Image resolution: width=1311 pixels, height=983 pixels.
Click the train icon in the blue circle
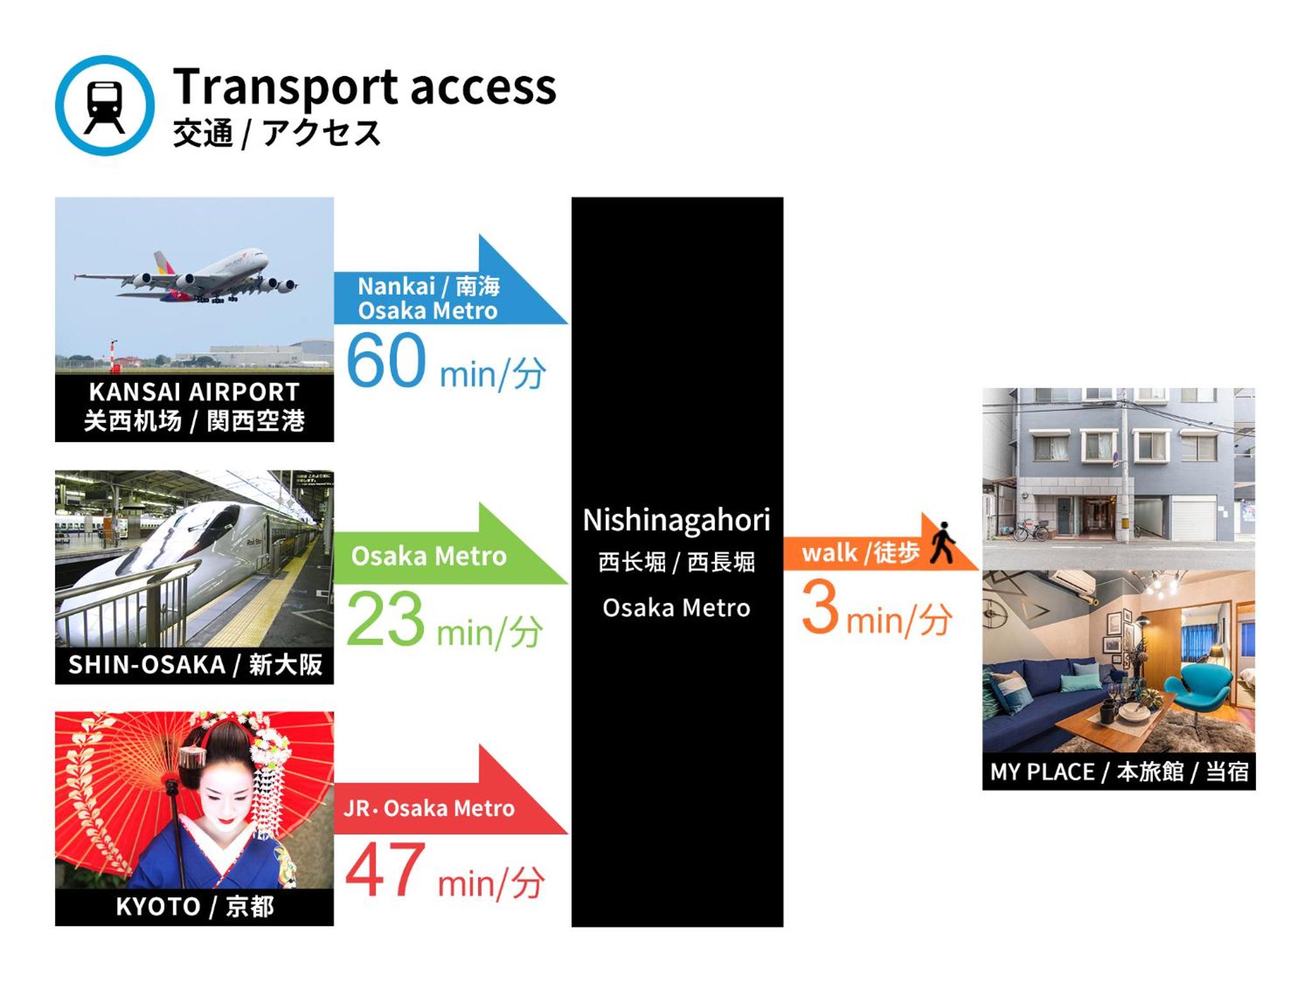point(105,106)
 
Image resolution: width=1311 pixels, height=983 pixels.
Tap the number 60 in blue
point(386,361)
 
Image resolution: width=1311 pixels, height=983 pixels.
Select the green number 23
point(385,618)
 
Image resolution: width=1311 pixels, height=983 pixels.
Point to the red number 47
point(385,870)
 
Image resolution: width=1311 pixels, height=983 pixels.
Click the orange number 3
point(820,606)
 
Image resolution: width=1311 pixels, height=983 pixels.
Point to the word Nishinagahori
point(677,520)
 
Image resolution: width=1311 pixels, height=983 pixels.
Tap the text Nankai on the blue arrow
point(396,286)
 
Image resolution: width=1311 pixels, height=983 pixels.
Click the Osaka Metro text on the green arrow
point(429,556)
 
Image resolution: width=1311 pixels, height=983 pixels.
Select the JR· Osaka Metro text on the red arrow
point(429,808)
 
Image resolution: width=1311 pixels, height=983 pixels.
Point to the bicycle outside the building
point(1031,531)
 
